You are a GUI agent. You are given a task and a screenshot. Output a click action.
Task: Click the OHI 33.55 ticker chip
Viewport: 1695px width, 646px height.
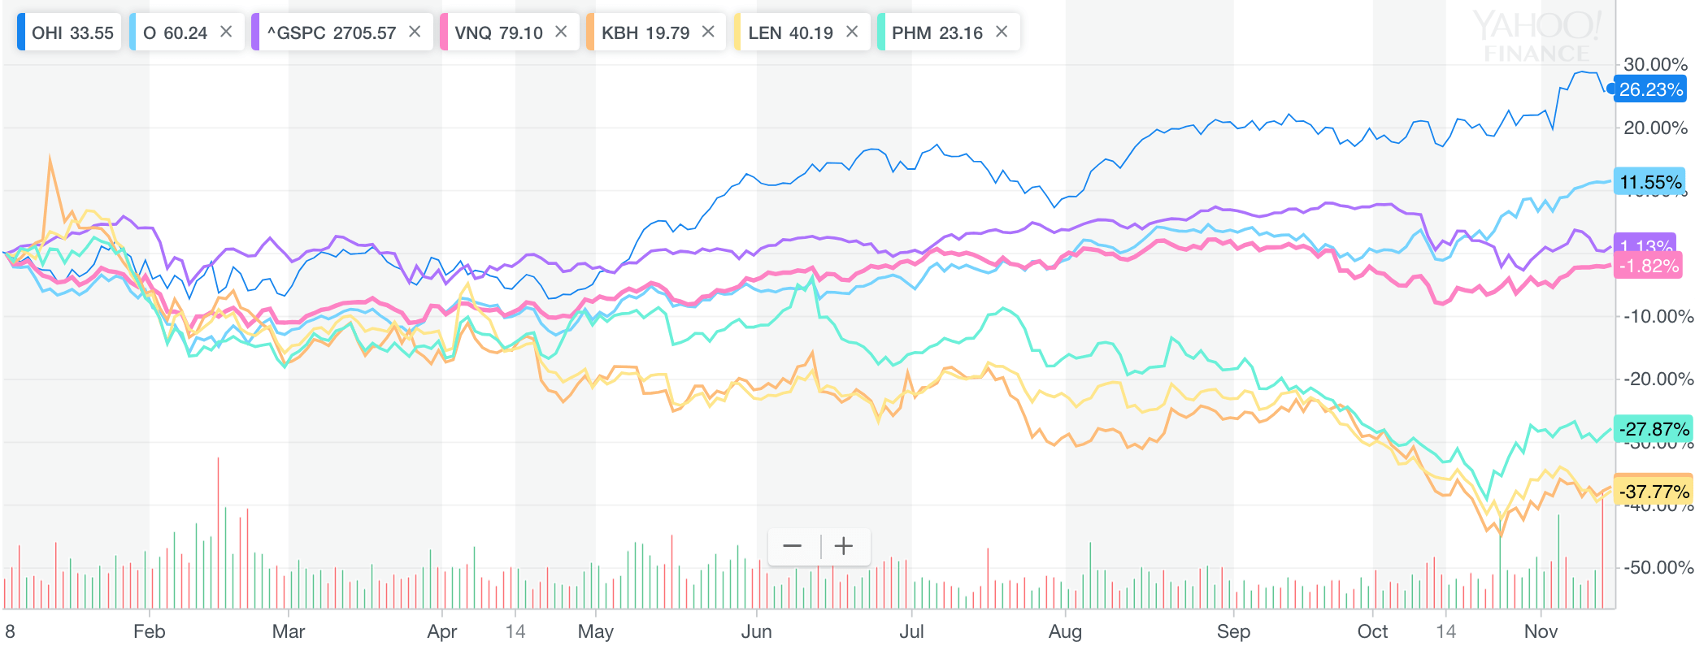tap(70, 33)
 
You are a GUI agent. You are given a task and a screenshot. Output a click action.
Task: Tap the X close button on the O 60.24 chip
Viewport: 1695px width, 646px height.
tap(226, 32)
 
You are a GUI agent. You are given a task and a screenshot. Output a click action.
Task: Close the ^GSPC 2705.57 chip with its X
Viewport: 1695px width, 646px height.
tap(415, 32)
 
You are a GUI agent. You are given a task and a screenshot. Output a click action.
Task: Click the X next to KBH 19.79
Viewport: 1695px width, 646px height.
tap(708, 32)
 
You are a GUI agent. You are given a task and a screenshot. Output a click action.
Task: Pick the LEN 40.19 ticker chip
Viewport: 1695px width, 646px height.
tap(789, 33)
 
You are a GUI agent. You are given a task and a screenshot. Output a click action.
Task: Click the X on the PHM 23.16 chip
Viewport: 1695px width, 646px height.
tap(1002, 32)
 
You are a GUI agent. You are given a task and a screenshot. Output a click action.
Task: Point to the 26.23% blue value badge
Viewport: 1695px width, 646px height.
tap(1649, 89)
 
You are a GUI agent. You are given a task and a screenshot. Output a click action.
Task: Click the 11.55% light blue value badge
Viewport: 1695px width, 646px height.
tap(1649, 182)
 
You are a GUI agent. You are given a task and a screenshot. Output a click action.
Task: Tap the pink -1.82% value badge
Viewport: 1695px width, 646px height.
tap(1648, 266)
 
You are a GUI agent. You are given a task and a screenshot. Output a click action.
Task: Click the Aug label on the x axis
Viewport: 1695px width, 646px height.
tap(1064, 631)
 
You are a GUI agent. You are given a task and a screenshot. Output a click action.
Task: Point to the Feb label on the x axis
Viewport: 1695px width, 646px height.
tap(149, 631)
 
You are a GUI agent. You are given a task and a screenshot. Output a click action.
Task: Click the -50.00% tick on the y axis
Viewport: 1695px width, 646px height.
tap(1658, 567)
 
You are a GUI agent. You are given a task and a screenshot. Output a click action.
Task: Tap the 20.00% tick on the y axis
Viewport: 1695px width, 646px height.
tap(1655, 128)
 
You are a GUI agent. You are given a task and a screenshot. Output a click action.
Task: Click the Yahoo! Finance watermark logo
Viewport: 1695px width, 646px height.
tap(1536, 37)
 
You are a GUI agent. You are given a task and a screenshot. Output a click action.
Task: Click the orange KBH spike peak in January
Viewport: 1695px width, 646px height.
tap(50, 158)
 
